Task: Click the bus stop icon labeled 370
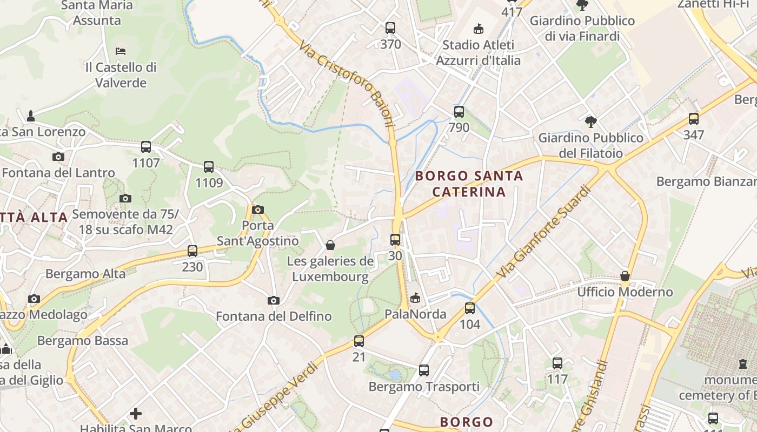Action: (x=390, y=28)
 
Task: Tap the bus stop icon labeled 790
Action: (x=459, y=112)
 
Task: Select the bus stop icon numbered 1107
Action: (x=146, y=147)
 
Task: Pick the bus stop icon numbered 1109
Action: (x=209, y=167)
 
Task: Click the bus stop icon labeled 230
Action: (x=192, y=251)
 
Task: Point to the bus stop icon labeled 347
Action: (x=694, y=119)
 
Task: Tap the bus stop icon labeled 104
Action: (x=470, y=308)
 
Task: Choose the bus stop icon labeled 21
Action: (x=359, y=341)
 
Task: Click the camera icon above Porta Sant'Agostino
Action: (x=258, y=210)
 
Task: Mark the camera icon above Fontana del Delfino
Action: (x=274, y=300)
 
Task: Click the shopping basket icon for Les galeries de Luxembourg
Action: (x=330, y=246)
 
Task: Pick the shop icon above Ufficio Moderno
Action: (x=625, y=276)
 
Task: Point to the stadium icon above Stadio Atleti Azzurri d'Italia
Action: (x=478, y=29)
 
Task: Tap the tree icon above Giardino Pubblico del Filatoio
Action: (x=591, y=122)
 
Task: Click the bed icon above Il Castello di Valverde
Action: (x=121, y=51)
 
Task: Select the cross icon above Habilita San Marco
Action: (x=136, y=414)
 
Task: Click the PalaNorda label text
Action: (x=415, y=314)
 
